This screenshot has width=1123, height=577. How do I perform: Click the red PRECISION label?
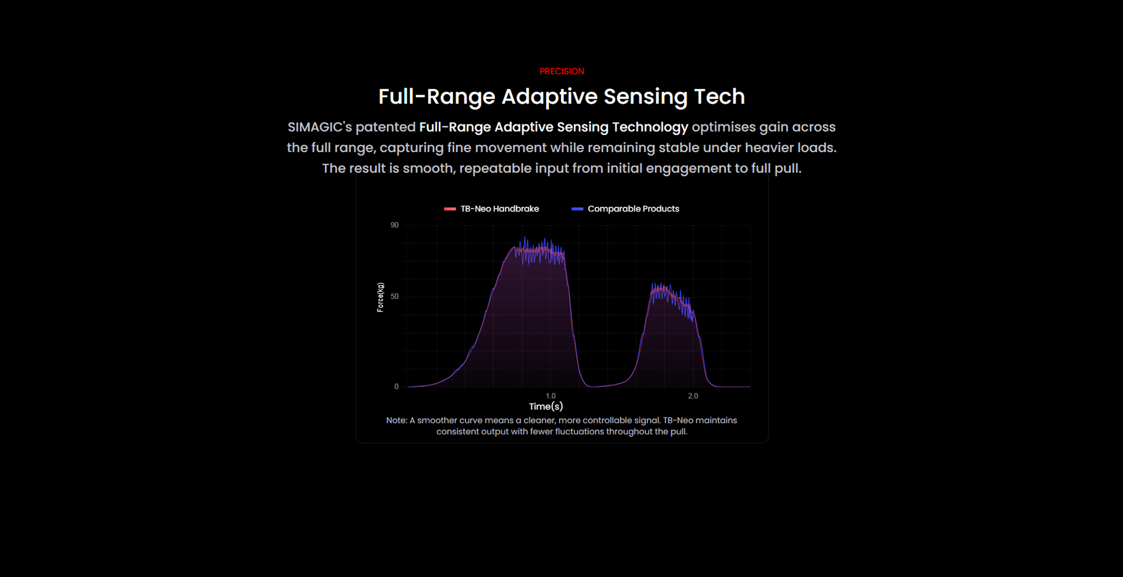[561, 71]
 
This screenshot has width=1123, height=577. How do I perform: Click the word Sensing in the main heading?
[645, 97]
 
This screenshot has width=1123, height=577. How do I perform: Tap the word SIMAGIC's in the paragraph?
[319, 127]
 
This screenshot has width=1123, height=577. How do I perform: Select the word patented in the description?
[385, 127]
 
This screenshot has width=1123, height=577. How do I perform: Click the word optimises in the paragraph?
[723, 127]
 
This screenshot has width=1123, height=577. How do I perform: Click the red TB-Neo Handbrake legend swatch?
[450, 209]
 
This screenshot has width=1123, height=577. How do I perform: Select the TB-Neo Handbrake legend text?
[500, 209]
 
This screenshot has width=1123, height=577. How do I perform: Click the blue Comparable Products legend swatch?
[577, 209]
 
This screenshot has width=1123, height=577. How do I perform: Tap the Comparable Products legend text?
[633, 209]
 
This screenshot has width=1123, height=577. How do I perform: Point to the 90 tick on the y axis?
[395, 225]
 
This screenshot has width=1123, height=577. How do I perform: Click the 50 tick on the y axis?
[395, 296]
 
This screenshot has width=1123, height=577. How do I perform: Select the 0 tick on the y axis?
[397, 386]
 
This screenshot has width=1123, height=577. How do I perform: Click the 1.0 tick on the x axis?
[551, 396]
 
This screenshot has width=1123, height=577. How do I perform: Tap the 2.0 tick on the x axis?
[693, 396]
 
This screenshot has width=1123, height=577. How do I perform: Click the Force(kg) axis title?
[381, 298]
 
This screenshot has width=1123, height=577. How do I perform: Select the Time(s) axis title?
[546, 406]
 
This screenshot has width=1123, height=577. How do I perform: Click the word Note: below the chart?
[397, 420]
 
